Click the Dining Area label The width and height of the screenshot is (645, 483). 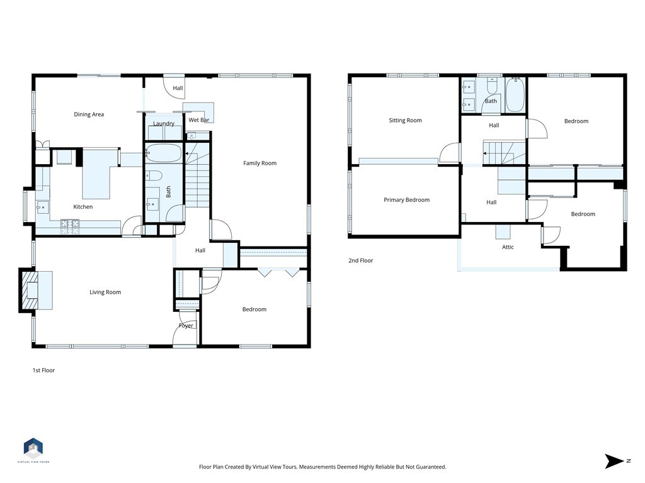click(89, 114)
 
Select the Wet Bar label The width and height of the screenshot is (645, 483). click(198, 119)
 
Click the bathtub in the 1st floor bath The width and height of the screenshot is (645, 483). click(163, 153)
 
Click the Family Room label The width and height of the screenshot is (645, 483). click(260, 164)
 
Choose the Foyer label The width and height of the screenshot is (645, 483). click(186, 326)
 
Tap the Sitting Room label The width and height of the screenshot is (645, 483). click(405, 120)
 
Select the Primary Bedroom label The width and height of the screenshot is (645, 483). click(406, 200)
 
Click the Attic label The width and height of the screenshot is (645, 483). click(508, 247)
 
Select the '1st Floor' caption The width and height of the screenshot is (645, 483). click(43, 370)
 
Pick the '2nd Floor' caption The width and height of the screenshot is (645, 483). click(360, 260)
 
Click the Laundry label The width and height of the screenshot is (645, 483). click(164, 124)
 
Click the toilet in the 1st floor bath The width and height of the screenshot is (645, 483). click(154, 175)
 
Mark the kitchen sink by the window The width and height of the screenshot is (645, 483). click(43, 206)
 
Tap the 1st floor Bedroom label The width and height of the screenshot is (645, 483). click(254, 309)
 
